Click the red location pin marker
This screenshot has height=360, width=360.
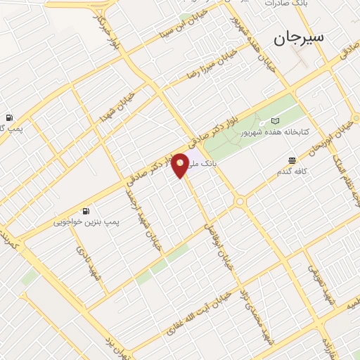[x=181, y=165]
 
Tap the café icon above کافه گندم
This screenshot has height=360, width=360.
[x=291, y=160]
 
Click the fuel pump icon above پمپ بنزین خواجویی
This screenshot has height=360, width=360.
[x=86, y=210]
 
